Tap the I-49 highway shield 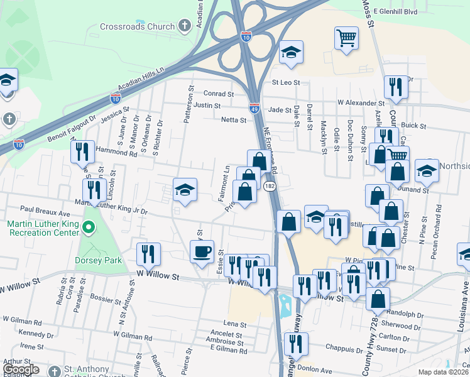(254, 108)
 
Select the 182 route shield (269, 186)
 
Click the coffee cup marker (202, 252)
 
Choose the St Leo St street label (286, 82)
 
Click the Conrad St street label (219, 94)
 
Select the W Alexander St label (361, 102)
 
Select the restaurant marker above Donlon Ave (295, 344)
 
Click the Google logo (21, 369)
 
